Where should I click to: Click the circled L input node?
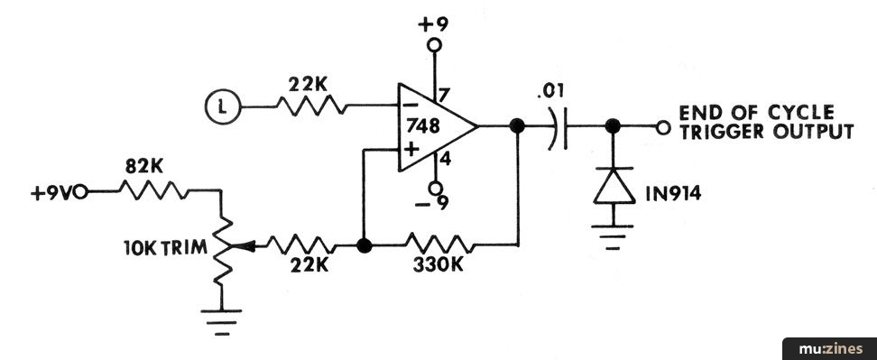pos(223,106)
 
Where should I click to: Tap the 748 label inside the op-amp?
pos(423,126)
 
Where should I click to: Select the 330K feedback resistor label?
pos(438,265)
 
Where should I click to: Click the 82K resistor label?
pos(143,167)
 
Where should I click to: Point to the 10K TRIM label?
pos(165,247)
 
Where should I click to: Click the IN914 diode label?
pos(673,193)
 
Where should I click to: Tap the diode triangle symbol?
pos(614,186)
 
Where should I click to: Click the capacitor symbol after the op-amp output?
pos(559,127)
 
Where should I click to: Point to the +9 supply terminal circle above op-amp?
pos(434,45)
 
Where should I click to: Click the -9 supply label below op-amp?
pos(431,204)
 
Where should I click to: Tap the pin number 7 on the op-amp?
pos(443,96)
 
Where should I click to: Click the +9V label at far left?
pos(52,193)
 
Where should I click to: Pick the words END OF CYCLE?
pos(756,113)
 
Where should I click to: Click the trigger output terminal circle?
pos(663,128)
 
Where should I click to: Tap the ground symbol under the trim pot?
pos(221,322)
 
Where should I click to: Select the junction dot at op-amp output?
pos(517,126)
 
